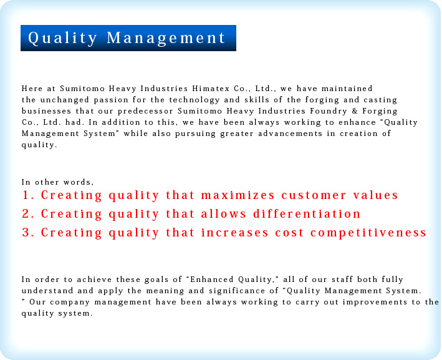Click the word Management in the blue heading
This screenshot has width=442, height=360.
click(166, 38)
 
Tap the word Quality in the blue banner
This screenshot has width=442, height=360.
click(62, 38)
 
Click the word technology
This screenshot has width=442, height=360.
click(195, 100)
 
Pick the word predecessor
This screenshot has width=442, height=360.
click(145, 111)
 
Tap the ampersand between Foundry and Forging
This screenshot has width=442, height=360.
click(355, 111)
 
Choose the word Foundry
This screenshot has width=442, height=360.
click(329, 111)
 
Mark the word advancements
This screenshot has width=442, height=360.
click(290, 134)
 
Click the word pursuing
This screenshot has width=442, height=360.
click(195, 134)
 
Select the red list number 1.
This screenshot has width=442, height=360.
click(28, 195)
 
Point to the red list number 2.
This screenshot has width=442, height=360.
click(28, 213)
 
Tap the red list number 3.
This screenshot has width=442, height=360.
click(28, 232)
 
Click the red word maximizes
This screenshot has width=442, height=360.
click(238, 195)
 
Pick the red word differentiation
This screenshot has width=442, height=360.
click(307, 213)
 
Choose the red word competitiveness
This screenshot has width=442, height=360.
click(368, 233)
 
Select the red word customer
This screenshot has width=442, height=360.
click(314, 195)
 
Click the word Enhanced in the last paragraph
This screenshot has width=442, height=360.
click(212, 280)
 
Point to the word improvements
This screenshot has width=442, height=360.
click(375, 302)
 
